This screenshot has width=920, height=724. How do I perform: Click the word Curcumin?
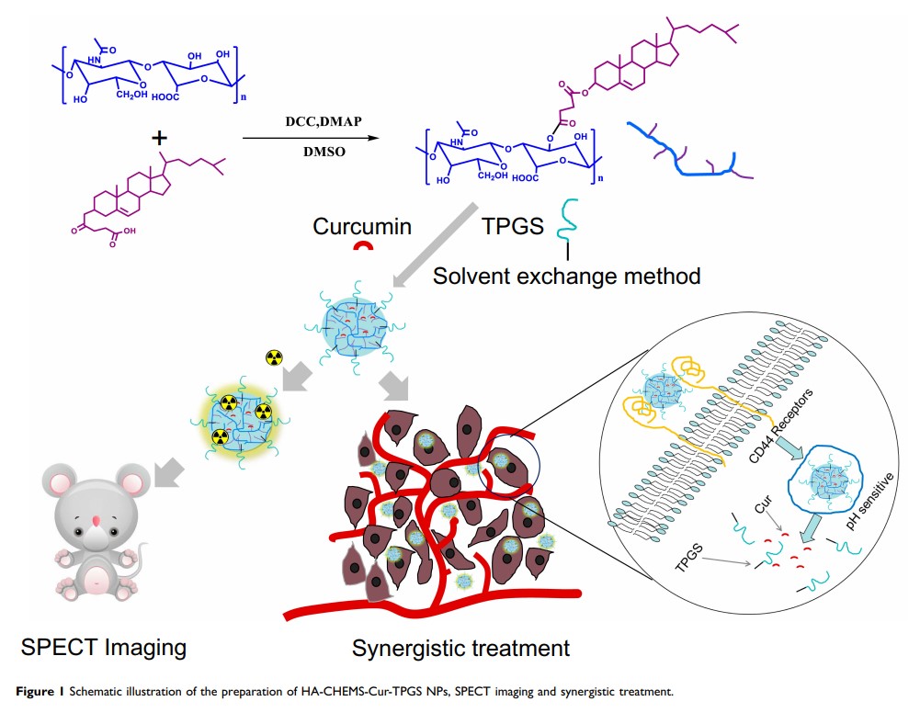point(360,226)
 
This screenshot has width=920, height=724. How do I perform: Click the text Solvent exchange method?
point(567,275)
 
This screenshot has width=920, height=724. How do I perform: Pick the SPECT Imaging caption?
point(104,647)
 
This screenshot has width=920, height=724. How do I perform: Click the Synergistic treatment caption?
point(460,648)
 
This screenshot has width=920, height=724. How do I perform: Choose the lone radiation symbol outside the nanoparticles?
point(272,356)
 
